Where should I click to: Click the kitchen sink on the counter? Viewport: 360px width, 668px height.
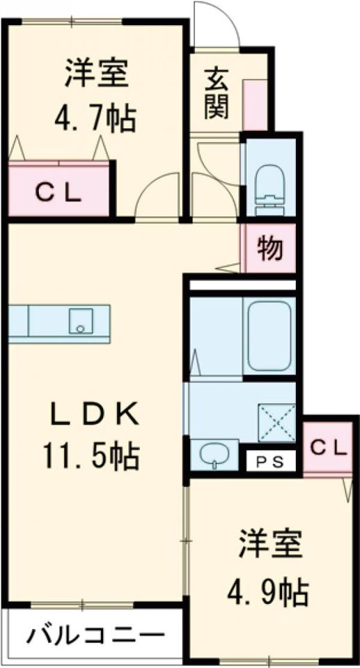click(79, 321)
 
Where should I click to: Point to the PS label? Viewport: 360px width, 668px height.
click(271, 460)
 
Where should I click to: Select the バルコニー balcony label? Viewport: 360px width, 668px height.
click(97, 635)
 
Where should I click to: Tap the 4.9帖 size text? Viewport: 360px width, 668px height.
click(268, 592)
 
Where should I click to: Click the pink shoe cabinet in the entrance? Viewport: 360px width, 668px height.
click(255, 104)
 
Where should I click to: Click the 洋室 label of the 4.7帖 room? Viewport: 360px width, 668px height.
click(97, 74)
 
